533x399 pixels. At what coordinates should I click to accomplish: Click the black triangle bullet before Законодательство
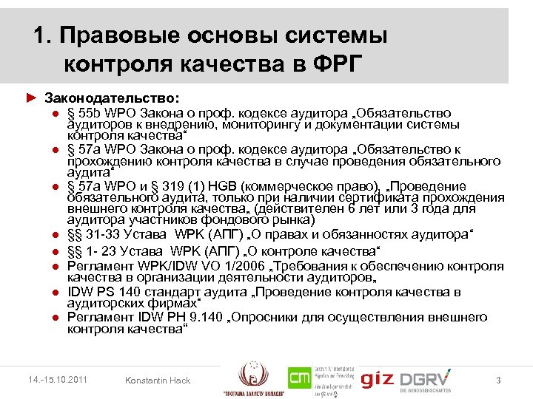tap(30, 98)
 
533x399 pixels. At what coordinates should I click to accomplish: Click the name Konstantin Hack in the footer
tap(158, 381)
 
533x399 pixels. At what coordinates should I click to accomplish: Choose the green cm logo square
tap(300, 380)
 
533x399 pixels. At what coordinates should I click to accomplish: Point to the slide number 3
tap(499, 381)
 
